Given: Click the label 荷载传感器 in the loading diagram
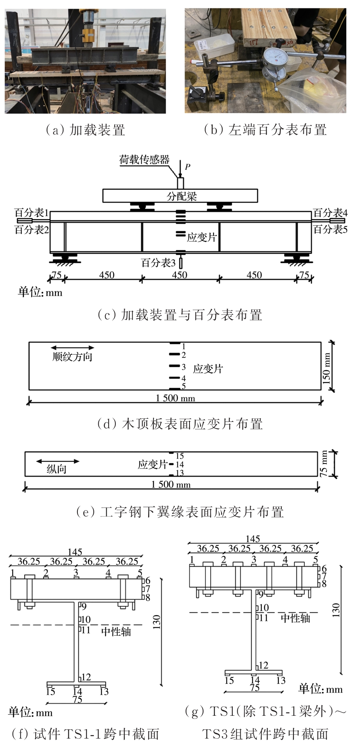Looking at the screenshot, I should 144,160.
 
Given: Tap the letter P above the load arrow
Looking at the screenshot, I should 187,166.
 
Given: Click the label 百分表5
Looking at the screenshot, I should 330,229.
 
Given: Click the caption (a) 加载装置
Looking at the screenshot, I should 85,130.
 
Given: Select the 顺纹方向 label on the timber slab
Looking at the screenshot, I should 72,357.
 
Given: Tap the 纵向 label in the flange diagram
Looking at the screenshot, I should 57,469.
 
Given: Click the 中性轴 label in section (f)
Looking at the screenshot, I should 116,631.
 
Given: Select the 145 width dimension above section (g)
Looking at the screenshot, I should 253,539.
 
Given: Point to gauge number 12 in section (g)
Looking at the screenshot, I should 263,665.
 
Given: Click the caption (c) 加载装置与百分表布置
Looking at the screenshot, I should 180,315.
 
